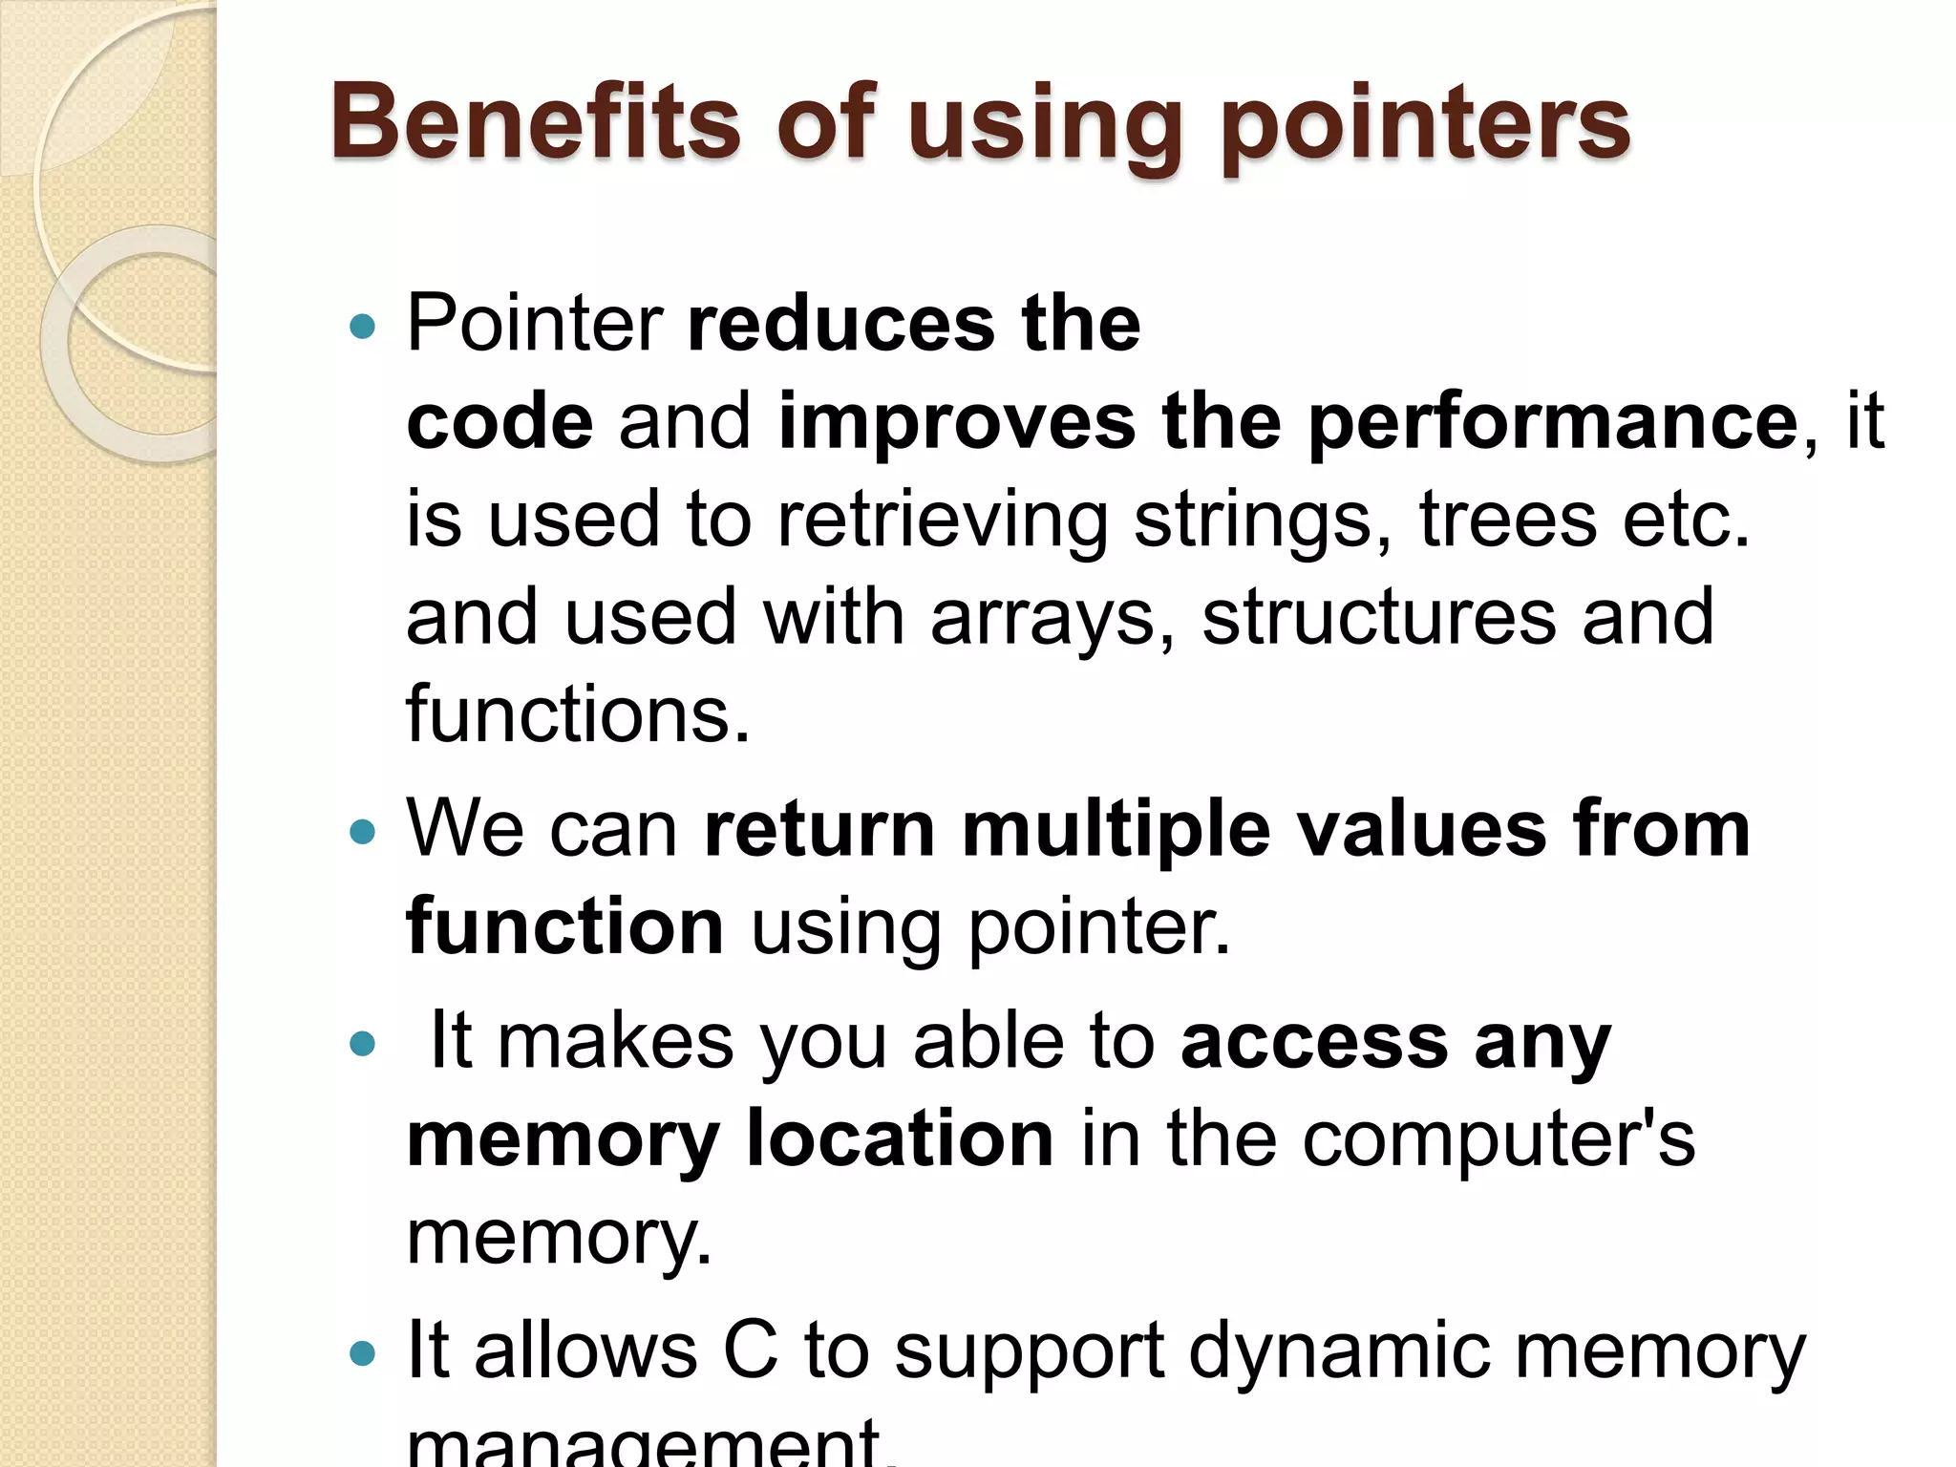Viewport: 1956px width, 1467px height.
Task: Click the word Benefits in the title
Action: click(535, 124)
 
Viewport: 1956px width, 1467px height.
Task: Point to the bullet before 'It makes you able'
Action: click(363, 1045)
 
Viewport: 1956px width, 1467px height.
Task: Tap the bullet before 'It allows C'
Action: click(363, 1353)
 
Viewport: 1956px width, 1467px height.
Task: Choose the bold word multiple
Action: click(1116, 829)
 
